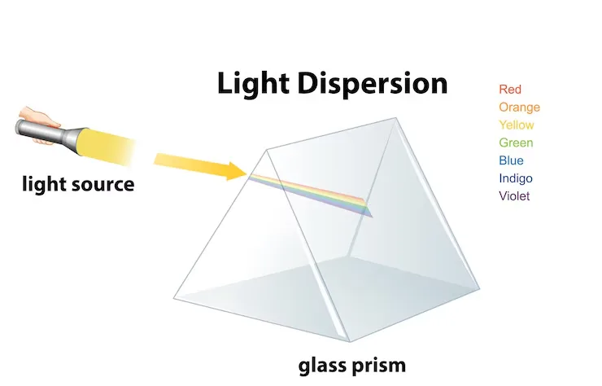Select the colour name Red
[x=510, y=90]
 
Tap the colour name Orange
[x=519, y=107]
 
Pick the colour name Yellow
[x=517, y=125]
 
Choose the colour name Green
[x=516, y=143]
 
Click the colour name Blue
[x=511, y=160]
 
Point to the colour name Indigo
[x=516, y=178]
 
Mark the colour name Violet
[x=514, y=196]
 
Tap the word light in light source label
[x=41, y=184]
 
